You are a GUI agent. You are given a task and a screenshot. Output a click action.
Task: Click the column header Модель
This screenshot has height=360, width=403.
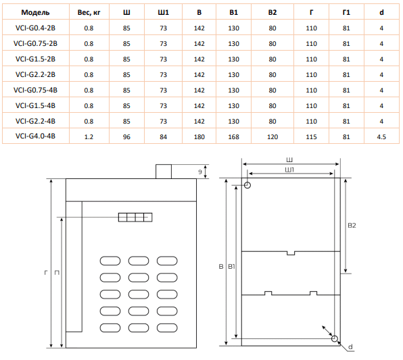(x=35, y=12)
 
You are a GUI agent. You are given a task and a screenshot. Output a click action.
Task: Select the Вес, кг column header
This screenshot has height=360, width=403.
(x=89, y=12)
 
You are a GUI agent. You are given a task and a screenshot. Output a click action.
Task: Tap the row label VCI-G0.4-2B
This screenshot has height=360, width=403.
(x=35, y=28)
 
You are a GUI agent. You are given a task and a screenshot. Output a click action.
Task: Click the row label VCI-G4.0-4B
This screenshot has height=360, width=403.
(x=35, y=136)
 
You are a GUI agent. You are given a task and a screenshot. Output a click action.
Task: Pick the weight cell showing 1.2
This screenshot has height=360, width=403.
(x=89, y=137)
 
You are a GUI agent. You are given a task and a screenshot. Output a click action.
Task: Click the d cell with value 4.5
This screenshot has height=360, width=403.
(x=381, y=137)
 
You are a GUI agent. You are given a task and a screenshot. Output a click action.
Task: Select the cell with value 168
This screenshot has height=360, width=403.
(x=234, y=137)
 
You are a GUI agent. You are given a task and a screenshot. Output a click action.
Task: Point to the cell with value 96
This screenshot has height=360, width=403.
(x=126, y=137)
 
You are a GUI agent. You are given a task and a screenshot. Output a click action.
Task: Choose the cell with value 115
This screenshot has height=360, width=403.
(x=311, y=137)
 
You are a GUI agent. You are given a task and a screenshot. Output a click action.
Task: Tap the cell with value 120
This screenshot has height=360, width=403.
(x=272, y=137)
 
